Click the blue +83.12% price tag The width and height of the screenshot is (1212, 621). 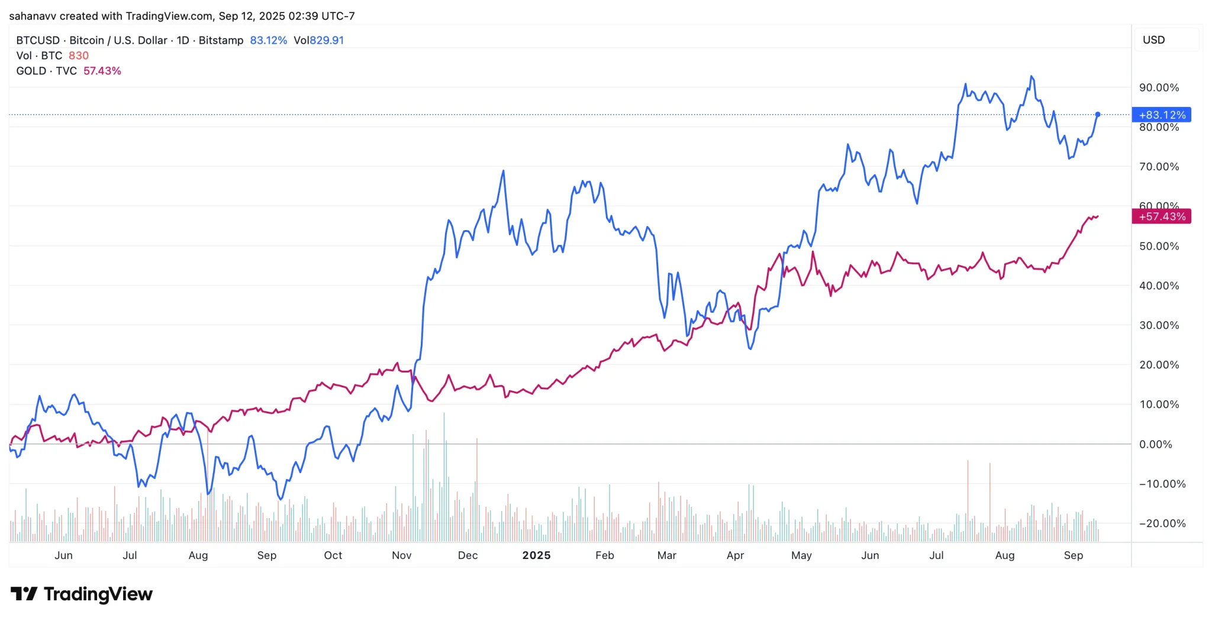coord(1161,115)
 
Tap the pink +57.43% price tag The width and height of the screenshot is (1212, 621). coord(1161,216)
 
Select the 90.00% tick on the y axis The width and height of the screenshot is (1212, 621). coord(1159,88)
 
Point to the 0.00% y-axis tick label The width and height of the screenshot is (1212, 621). coord(1155,444)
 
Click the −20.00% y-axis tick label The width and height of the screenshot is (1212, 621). coord(1162,523)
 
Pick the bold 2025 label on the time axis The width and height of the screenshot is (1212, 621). coord(536,555)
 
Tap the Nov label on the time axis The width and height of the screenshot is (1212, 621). coord(401,555)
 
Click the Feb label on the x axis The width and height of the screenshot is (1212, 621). coord(604,555)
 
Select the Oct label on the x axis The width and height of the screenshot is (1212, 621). coord(333,555)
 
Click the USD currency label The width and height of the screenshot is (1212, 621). coord(1153,40)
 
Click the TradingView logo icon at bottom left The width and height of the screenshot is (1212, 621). coord(24,594)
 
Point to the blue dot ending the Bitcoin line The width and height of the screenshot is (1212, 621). coord(1098,114)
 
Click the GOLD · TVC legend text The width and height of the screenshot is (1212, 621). coord(47,71)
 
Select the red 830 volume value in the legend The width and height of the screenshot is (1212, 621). coord(79,56)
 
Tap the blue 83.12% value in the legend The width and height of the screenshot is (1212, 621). coord(268,40)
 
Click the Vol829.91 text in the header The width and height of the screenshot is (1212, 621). coord(318,40)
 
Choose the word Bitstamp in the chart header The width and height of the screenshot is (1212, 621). coord(221,40)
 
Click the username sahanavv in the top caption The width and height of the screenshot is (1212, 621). coord(33,16)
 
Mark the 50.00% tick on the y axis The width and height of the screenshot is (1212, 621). coord(1159,246)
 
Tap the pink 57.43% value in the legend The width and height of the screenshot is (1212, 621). coord(102,71)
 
